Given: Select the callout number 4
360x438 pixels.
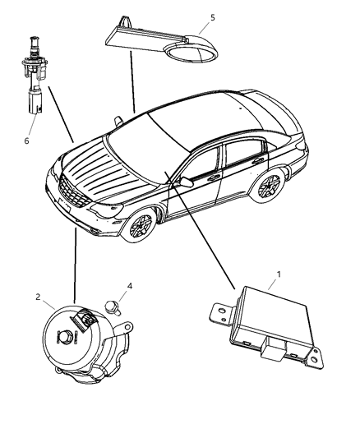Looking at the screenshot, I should [128, 287].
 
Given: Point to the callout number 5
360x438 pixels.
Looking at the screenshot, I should [213, 17].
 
